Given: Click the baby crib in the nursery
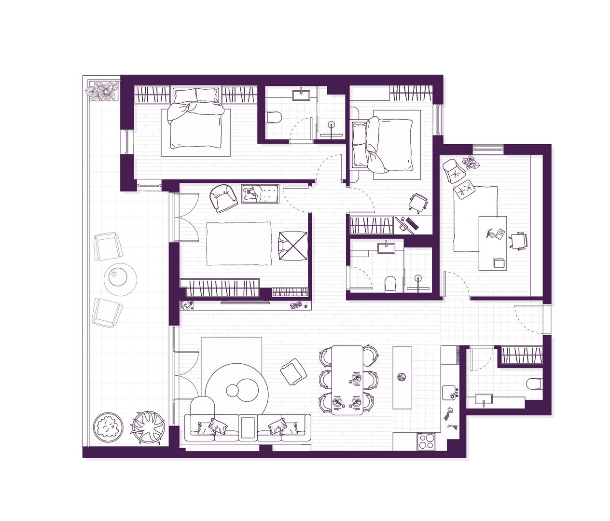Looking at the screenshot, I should point(260,194).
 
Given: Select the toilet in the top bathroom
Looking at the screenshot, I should point(274,117).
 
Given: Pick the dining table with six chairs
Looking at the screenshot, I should point(347,380).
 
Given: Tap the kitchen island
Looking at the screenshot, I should point(402,377).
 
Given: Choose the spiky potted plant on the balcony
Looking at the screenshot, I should point(148,427).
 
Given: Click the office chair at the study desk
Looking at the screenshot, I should point(518,241).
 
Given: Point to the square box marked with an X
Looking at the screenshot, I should point(293,245).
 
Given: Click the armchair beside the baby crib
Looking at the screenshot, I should point(223,198).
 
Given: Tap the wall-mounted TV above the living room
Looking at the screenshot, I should point(245,302).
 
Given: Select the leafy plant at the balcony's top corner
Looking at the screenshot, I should point(103,91).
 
